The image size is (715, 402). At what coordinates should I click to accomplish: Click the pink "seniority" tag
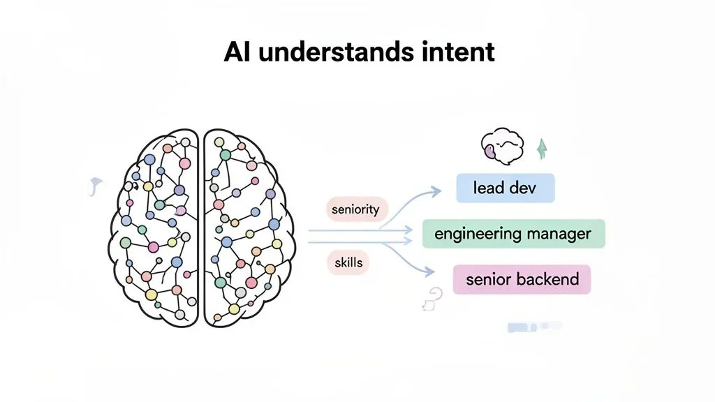[356, 209]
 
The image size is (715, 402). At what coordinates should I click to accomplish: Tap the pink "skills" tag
[348, 263]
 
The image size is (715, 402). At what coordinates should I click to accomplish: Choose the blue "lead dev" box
[505, 188]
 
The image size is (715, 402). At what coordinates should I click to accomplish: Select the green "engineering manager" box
[513, 233]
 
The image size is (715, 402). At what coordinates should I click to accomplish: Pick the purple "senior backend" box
[522, 279]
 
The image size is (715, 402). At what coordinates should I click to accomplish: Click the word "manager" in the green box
[559, 233]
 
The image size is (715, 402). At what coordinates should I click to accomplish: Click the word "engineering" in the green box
[478, 233]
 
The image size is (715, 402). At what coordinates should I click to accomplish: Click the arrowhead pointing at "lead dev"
[436, 189]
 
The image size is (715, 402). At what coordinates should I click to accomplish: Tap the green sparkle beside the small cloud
[540, 149]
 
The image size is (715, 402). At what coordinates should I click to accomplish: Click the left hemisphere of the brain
[154, 227]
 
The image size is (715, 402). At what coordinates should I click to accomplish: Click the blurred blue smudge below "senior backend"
[534, 326]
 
